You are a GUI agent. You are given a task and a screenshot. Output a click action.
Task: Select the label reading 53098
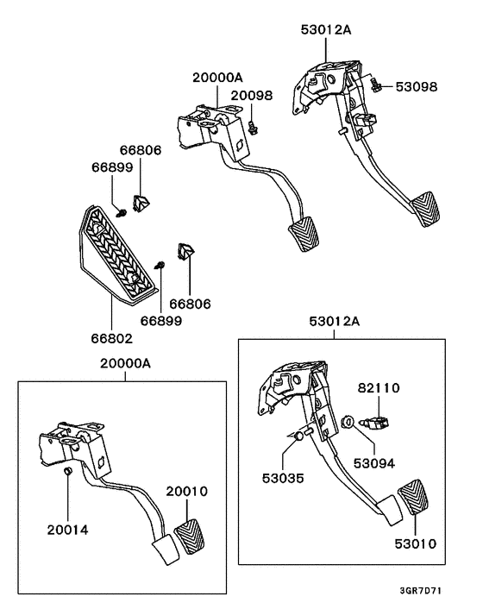[x=417, y=87]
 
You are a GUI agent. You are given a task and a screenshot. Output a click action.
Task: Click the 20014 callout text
[x=67, y=529]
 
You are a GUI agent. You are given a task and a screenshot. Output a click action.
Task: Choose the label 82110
[x=379, y=388]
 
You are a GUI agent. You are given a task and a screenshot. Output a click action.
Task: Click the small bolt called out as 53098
[x=376, y=85]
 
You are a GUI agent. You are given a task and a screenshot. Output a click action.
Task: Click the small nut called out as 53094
[x=346, y=422]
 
